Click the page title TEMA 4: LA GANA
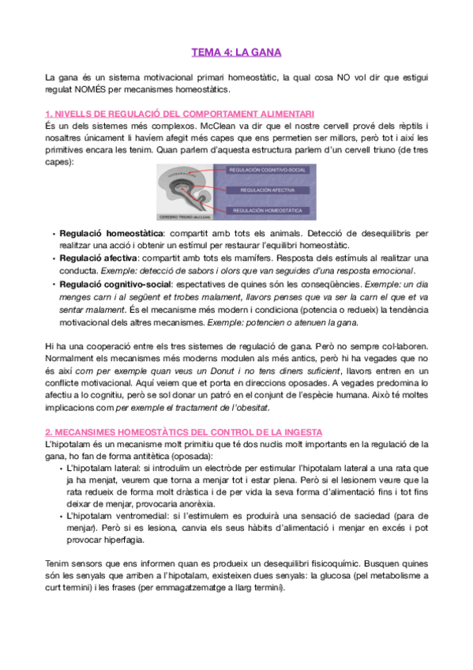[236, 53]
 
